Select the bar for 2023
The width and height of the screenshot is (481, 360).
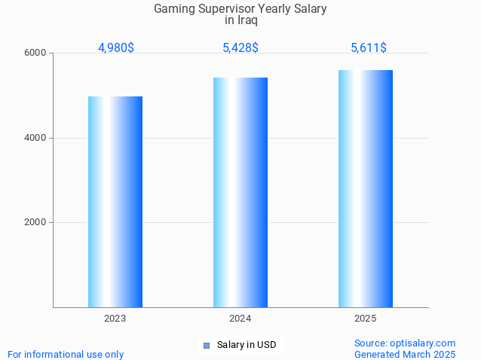(115, 202)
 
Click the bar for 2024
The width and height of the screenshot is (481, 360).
(240, 192)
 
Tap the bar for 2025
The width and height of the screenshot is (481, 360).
(366, 188)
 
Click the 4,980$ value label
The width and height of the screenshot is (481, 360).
(116, 47)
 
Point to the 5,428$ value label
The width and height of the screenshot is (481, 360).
(240, 47)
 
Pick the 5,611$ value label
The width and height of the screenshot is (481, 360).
(369, 47)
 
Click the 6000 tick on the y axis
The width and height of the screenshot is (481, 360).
(37, 53)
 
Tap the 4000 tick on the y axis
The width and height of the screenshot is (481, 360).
(37, 138)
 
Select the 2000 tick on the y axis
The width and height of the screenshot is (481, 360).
(37, 222)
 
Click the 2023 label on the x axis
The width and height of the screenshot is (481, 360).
(115, 319)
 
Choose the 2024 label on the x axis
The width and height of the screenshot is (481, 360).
(240, 319)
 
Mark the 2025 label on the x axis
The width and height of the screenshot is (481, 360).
(366, 319)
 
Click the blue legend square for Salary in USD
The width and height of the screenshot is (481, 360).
(206, 346)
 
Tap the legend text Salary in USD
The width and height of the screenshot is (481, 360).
(247, 346)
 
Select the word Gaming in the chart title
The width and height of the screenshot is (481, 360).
(173, 9)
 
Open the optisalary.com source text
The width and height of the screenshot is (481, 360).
(405, 343)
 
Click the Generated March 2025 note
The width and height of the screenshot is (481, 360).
(405, 354)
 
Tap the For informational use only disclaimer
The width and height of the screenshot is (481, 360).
(66, 354)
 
